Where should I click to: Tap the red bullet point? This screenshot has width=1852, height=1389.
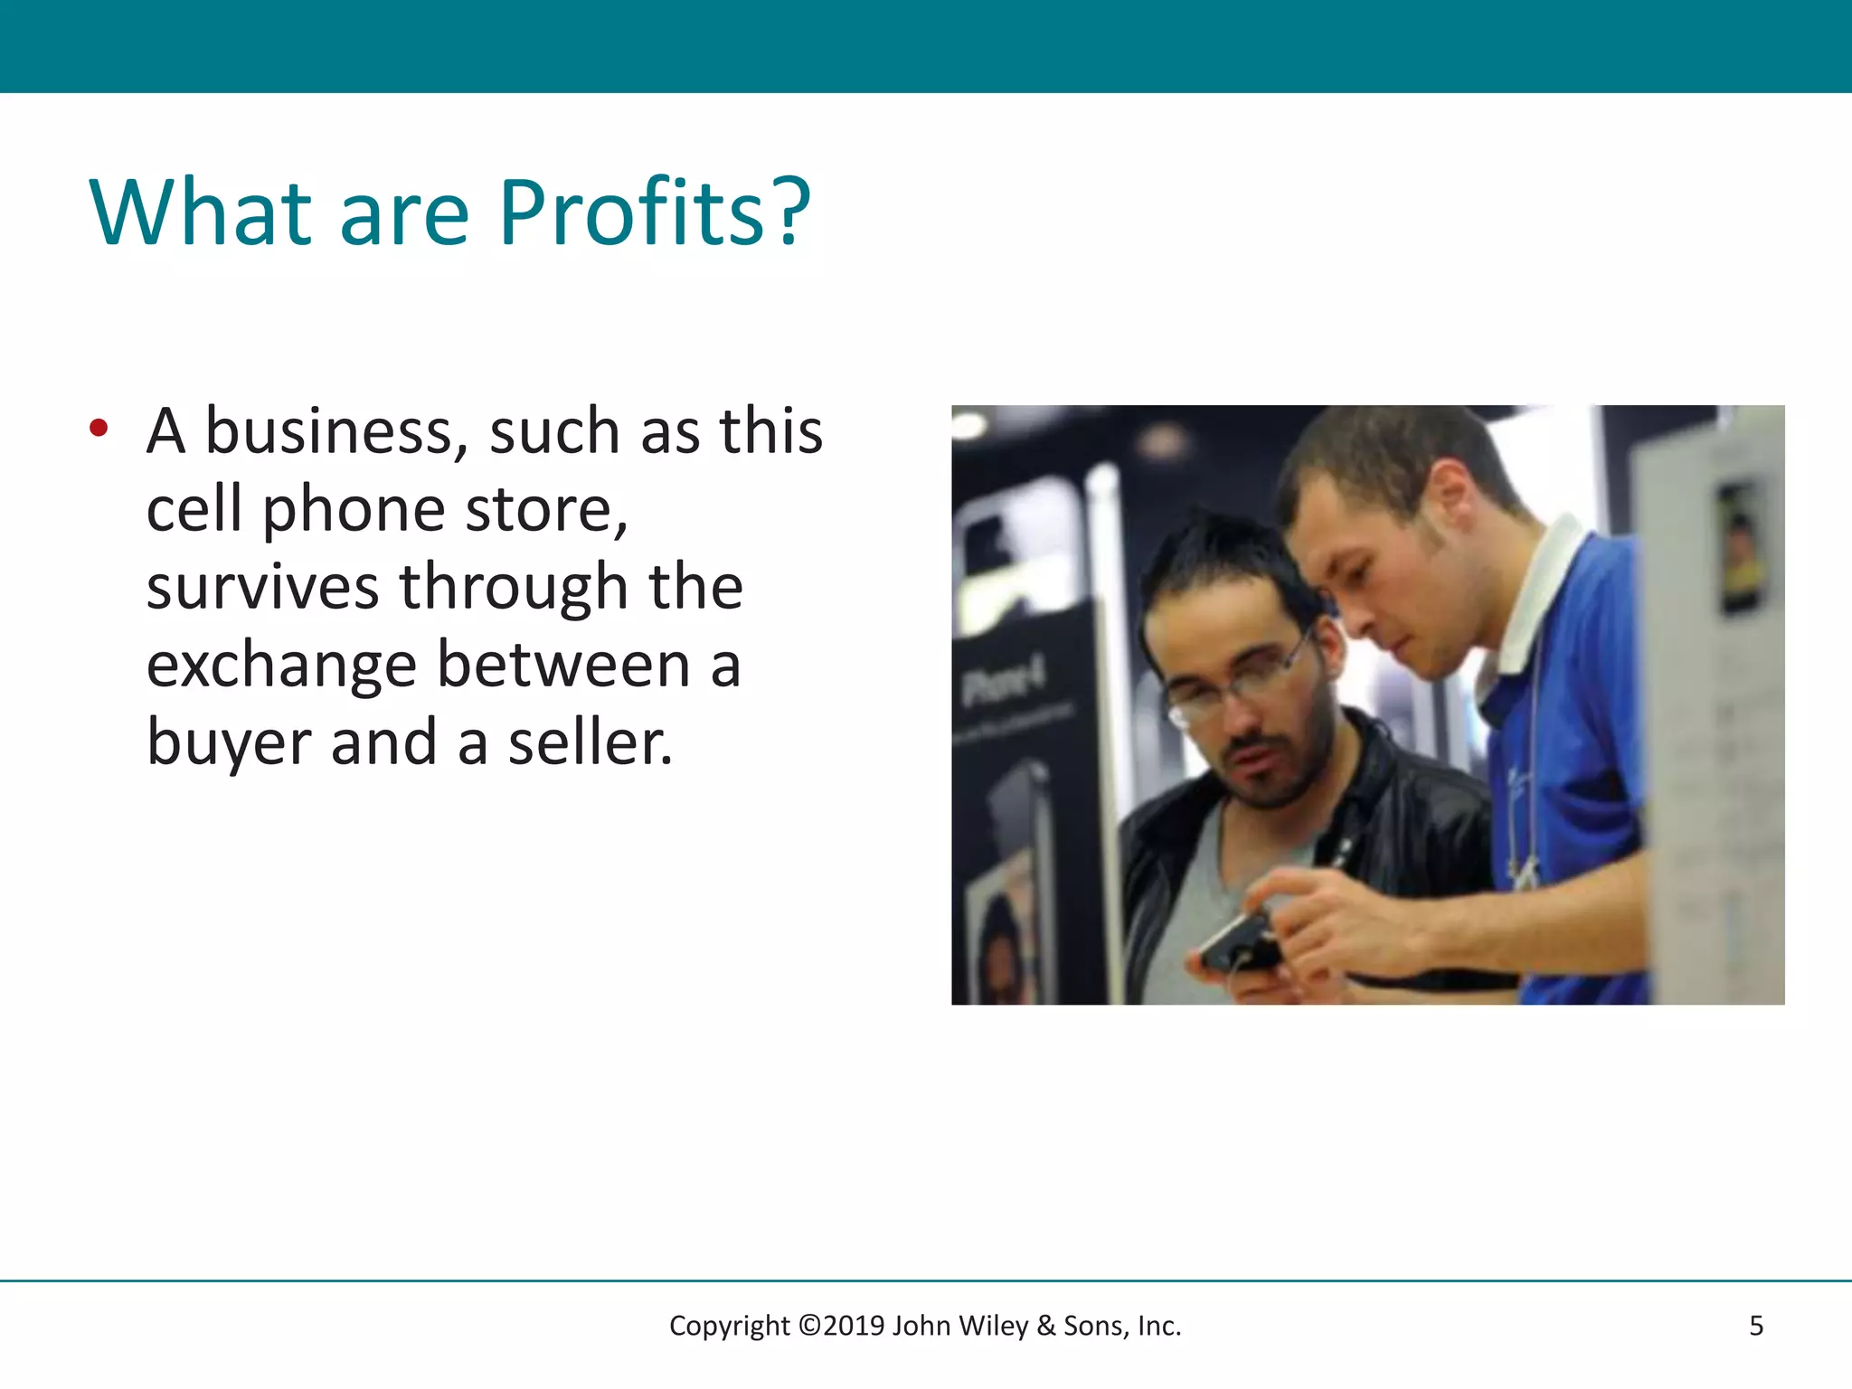click(99, 428)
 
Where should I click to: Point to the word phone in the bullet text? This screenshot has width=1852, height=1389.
click(354, 511)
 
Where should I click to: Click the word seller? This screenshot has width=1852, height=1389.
click(590, 743)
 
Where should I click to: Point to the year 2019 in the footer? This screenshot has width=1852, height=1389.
click(854, 1326)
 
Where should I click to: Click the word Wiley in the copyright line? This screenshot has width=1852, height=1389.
click(993, 1326)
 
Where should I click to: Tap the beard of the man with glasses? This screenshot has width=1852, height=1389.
click(1284, 769)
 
